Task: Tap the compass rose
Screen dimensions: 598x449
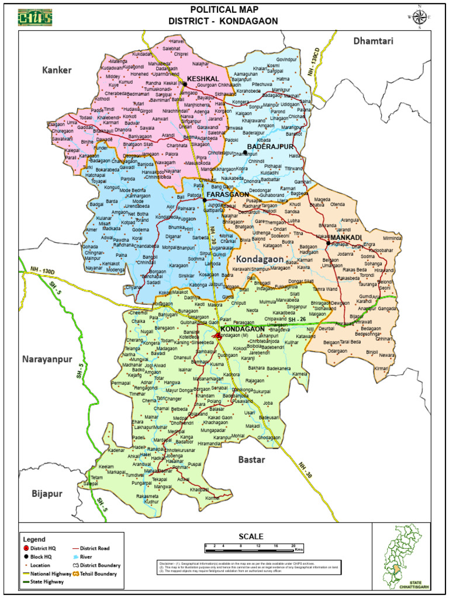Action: tap(419, 17)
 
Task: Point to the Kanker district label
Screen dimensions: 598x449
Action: tap(57, 70)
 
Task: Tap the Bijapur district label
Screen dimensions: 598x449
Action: tap(47, 493)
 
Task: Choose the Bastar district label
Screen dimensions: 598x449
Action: tap(252, 460)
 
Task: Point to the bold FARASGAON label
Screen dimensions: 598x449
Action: tap(227, 194)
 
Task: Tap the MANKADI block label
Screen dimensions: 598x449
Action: tap(346, 238)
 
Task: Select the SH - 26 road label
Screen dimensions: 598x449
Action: tap(296, 319)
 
